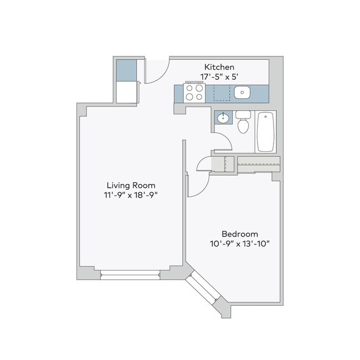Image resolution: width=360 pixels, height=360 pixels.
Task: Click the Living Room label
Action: (131, 185)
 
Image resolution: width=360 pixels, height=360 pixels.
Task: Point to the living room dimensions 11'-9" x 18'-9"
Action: (131, 195)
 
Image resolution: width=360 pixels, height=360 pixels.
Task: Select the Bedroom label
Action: (239, 234)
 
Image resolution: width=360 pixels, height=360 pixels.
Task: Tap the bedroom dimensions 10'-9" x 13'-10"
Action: (239, 244)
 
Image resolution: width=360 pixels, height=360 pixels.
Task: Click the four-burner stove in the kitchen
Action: (194, 92)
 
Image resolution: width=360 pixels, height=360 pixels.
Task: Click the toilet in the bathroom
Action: (243, 123)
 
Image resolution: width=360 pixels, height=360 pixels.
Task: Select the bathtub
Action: (265, 132)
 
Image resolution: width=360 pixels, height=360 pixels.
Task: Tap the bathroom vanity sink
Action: (223, 118)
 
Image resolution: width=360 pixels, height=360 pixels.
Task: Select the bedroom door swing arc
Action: (198, 184)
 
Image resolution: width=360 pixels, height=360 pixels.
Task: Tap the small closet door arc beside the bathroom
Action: (204, 164)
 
